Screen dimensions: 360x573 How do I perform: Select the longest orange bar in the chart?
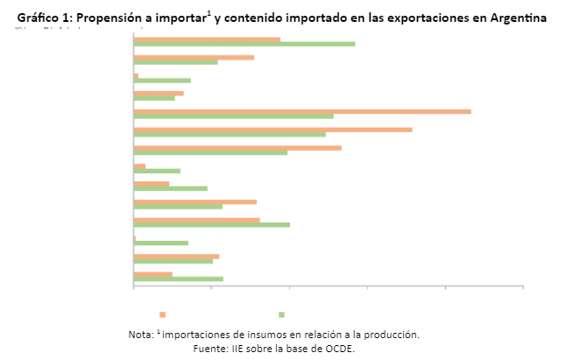301,111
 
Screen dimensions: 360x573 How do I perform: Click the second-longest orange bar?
272,130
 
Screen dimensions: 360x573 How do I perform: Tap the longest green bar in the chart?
244,43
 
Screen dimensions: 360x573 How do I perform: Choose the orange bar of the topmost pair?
207,39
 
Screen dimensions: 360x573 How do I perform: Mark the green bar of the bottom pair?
178,279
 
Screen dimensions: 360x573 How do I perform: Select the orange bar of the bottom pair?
152,274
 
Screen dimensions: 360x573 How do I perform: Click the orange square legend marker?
162,314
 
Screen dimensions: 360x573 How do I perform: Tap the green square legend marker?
281,314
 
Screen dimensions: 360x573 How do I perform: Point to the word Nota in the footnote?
140,335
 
